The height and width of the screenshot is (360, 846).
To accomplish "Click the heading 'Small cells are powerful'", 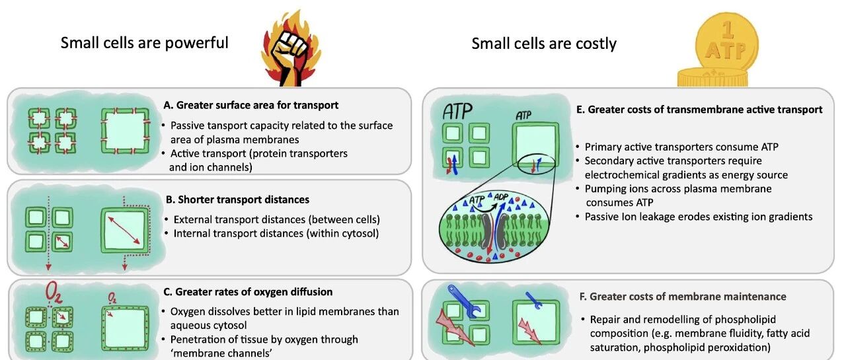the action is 145,43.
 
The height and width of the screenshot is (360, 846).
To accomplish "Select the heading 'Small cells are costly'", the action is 544,44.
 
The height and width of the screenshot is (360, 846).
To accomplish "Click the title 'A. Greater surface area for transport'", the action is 251,104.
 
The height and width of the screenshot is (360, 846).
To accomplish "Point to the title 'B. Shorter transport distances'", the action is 236,199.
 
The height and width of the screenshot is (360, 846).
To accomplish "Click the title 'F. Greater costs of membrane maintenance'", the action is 687,297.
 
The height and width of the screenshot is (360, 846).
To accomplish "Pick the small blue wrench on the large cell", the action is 533,300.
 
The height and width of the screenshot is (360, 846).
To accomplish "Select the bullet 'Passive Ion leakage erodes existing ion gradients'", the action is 698,216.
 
